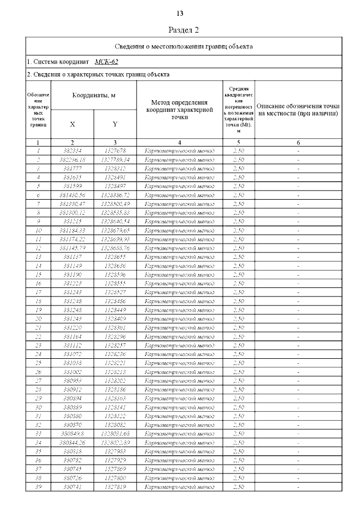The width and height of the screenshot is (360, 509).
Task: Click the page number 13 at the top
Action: tap(180, 13)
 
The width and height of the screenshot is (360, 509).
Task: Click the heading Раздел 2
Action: tap(184, 30)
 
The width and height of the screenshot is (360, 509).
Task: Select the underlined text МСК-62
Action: tap(106, 62)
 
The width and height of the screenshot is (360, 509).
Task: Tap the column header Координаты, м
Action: tap(94, 96)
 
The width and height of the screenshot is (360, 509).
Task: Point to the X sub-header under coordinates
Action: tap(73, 124)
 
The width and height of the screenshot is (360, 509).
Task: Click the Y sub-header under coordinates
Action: tap(115, 124)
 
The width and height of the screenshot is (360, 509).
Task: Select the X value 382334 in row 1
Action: tap(73, 151)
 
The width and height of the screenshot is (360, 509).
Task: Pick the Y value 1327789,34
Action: tap(115, 159)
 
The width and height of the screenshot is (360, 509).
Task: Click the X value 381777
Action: tap(73, 168)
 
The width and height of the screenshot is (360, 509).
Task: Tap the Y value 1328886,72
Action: tap(115, 195)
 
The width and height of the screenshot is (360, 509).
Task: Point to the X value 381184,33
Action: tap(73, 230)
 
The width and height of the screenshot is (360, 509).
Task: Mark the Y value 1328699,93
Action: tap(115, 239)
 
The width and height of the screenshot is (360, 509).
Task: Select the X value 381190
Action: tap(73, 274)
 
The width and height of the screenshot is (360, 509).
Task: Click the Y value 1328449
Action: tap(115, 310)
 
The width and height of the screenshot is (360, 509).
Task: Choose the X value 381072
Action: tap(73, 354)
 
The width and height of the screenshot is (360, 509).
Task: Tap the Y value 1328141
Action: tap(115, 407)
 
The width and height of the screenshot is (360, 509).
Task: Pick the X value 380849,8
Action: tap(73, 434)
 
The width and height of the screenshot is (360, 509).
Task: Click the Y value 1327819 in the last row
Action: tap(115, 487)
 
